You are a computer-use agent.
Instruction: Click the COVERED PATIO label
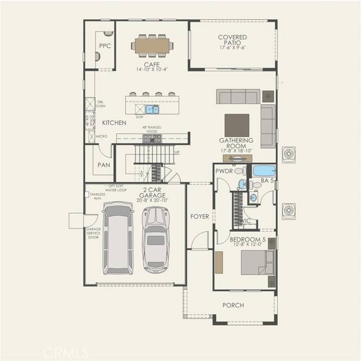click(x=232, y=41)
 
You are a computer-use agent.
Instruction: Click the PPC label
click(x=104, y=45)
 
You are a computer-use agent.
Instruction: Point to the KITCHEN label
click(x=114, y=122)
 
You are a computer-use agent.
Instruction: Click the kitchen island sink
click(x=152, y=109)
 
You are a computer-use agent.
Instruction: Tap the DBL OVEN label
click(x=100, y=103)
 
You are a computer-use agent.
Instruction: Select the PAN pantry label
click(x=103, y=165)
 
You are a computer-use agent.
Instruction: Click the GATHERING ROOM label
click(x=236, y=143)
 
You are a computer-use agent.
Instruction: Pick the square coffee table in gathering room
click(x=236, y=125)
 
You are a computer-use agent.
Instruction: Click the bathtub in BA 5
click(x=263, y=170)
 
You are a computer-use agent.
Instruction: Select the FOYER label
click(x=199, y=216)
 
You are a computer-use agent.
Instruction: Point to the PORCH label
click(x=233, y=305)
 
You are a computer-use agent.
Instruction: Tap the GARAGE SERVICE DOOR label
click(x=93, y=234)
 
